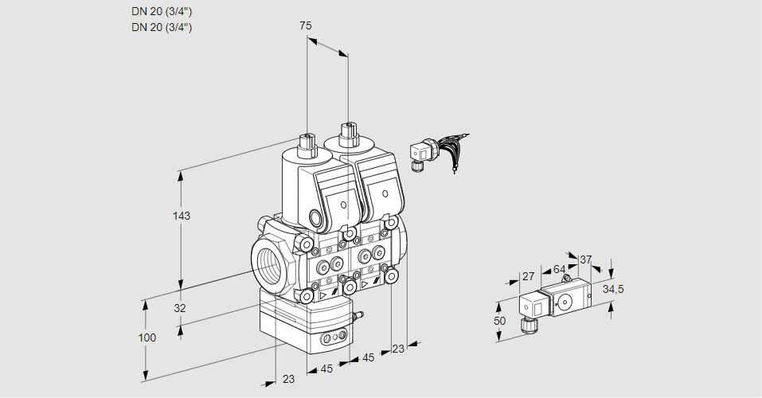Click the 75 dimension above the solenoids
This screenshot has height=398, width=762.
[305, 25]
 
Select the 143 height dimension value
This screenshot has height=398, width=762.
[182, 216]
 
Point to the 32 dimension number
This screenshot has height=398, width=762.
[179, 308]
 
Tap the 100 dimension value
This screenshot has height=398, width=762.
[147, 338]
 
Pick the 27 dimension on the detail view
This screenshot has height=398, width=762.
[527, 277]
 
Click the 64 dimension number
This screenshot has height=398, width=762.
[559, 269]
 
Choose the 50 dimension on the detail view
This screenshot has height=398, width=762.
[499, 321]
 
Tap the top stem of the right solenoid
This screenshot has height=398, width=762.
[347, 133]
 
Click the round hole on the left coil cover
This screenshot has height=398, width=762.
[344, 205]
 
